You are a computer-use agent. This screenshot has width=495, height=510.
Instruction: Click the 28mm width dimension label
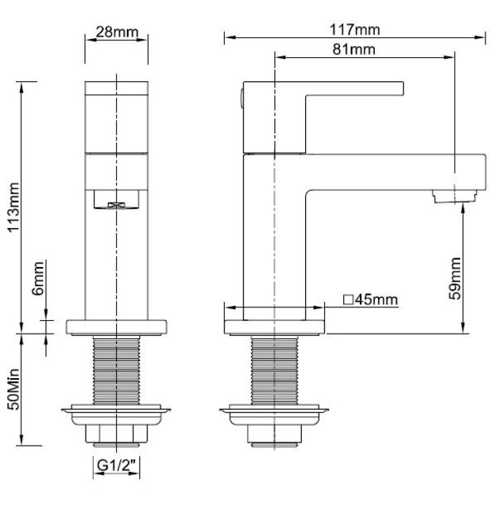[117, 33]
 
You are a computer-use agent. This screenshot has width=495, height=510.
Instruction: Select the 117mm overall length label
[354, 30]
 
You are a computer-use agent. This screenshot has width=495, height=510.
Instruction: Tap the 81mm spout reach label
[354, 49]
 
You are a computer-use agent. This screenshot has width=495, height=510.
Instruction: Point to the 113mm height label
[14, 207]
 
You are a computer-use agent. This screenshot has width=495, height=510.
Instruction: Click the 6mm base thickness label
[38, 278]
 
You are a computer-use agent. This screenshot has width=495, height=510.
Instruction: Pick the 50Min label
[14, 389]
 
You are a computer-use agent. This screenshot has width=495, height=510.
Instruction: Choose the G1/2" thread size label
[116, 465]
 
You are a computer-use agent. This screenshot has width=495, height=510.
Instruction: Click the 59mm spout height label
[454, 278]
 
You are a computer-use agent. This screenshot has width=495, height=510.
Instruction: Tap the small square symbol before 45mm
[348, 299]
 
